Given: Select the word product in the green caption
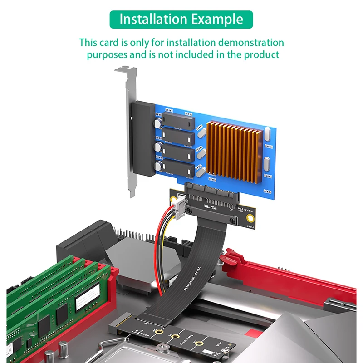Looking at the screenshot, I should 261,55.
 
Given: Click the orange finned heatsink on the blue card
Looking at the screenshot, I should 234,150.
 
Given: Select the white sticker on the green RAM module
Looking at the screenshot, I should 86,297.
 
